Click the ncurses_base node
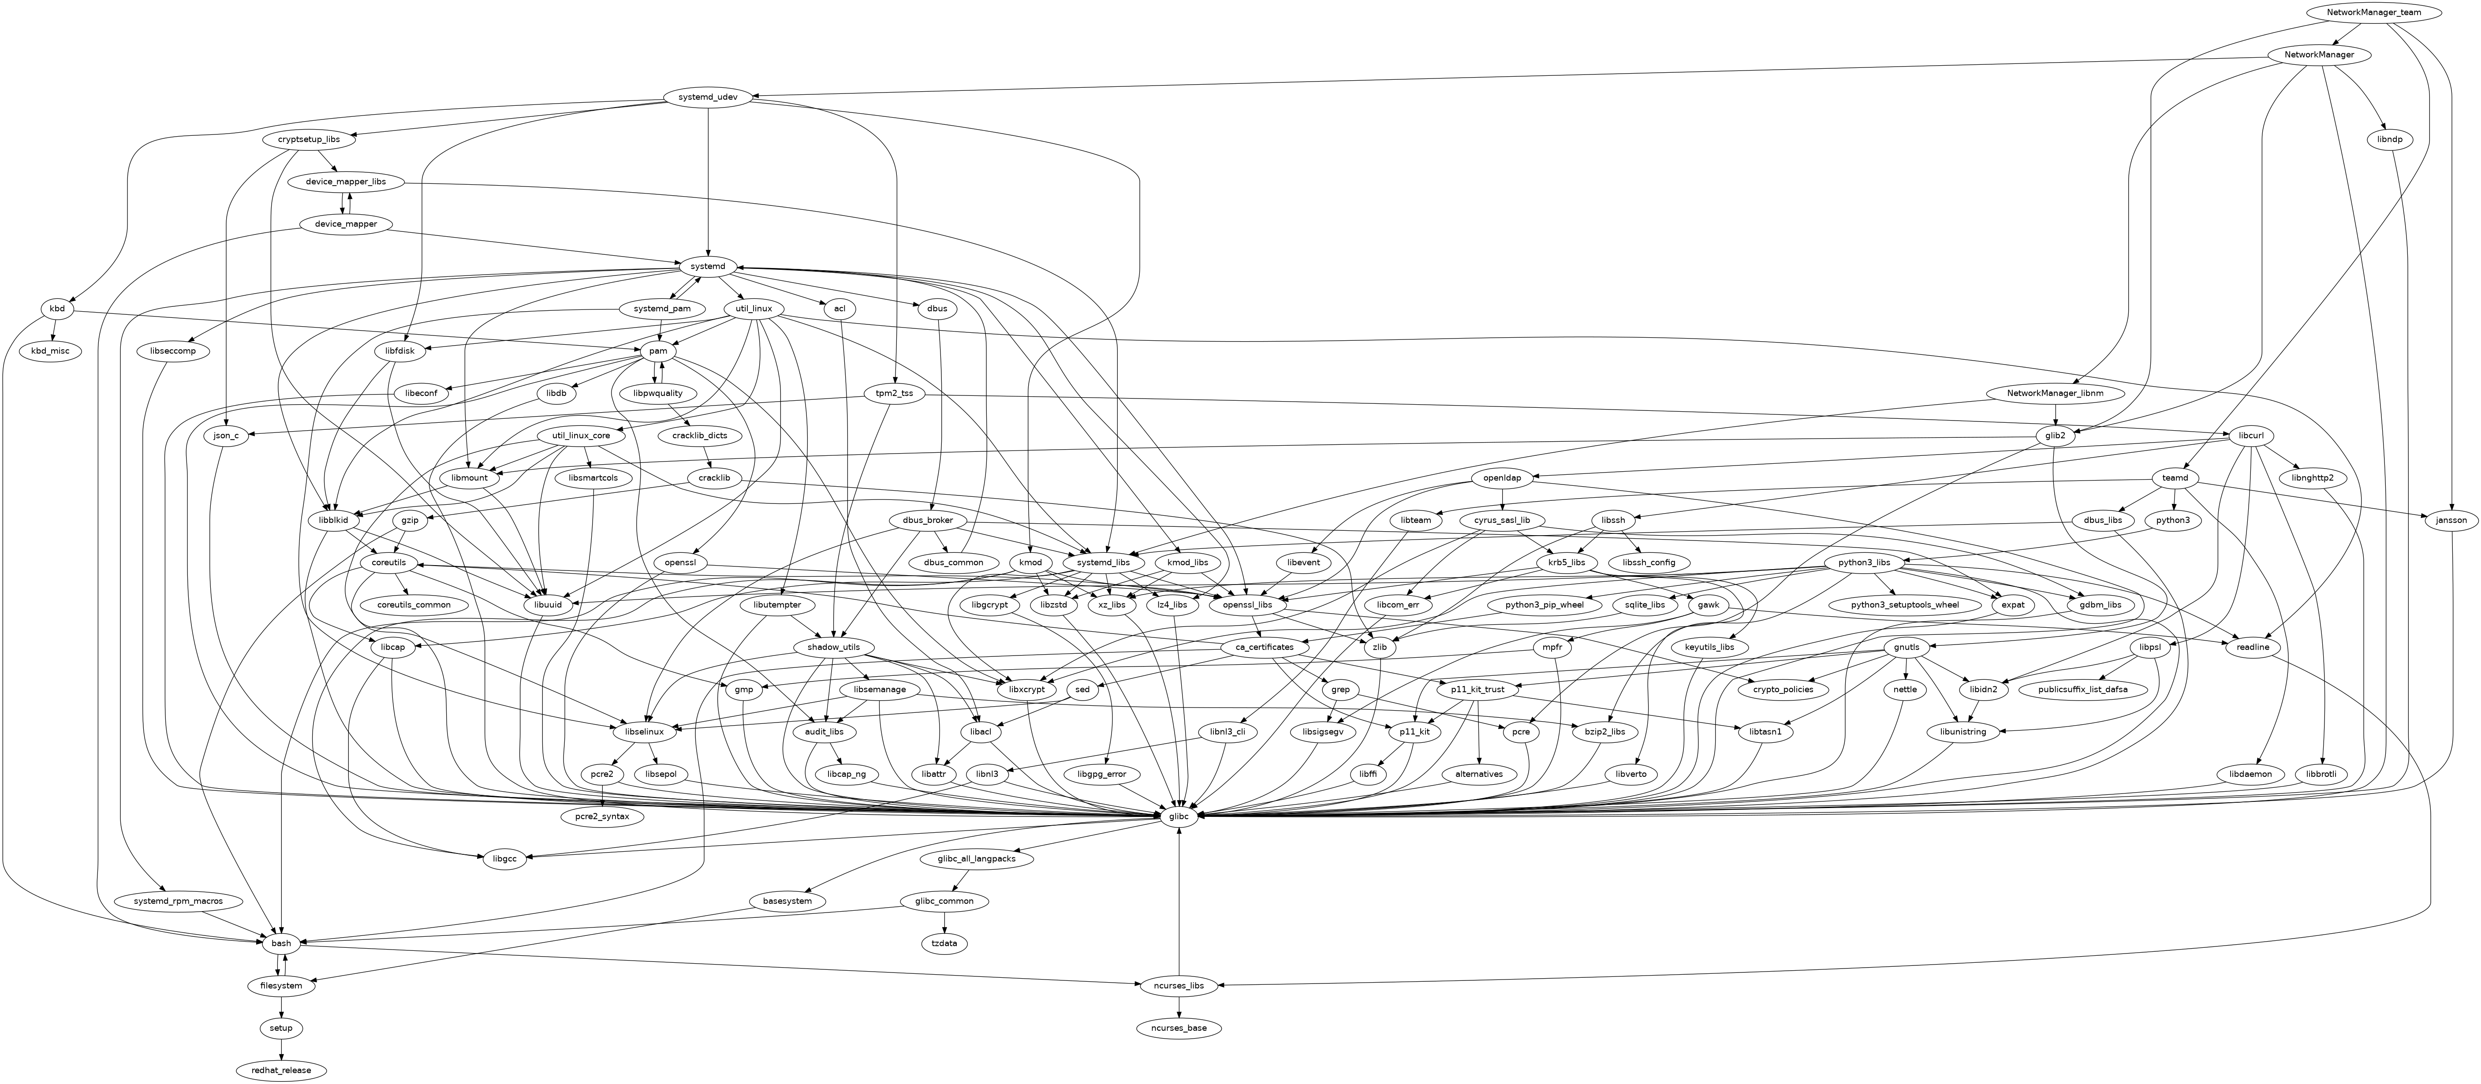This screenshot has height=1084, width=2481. [x=1180, y=1028]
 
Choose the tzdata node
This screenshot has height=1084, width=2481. [x=945, y=943]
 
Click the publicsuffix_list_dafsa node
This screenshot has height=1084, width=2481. [x=2084, y=689]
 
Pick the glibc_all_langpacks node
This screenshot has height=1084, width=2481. [x=976, y=859]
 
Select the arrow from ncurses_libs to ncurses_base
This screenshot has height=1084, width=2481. [x=1180, y=1007]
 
